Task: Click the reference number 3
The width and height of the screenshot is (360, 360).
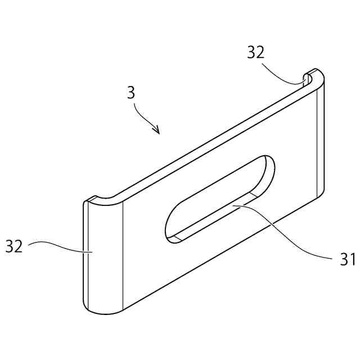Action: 131,92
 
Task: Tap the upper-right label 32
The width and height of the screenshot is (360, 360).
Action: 255,52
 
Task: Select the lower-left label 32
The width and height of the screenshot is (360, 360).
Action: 14,246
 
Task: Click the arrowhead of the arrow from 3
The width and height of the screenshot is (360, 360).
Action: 158,132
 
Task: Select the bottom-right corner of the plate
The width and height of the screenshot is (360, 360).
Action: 320,196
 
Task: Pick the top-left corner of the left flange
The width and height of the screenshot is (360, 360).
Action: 88,201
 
